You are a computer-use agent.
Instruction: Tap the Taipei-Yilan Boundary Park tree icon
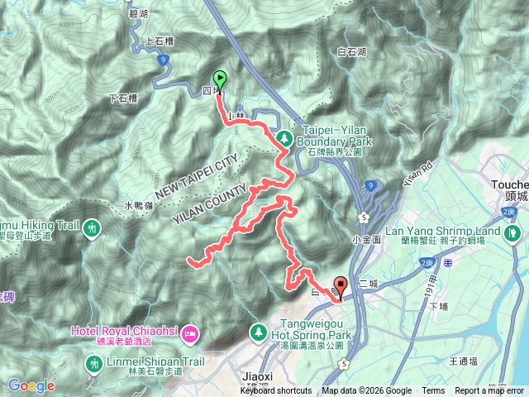pos(284,138)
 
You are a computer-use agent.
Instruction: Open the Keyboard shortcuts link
pos(277,391)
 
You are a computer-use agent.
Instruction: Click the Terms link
pos(433,391)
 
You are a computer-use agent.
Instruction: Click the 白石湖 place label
pos(352,52)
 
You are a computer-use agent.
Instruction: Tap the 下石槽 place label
pos(124,98)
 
